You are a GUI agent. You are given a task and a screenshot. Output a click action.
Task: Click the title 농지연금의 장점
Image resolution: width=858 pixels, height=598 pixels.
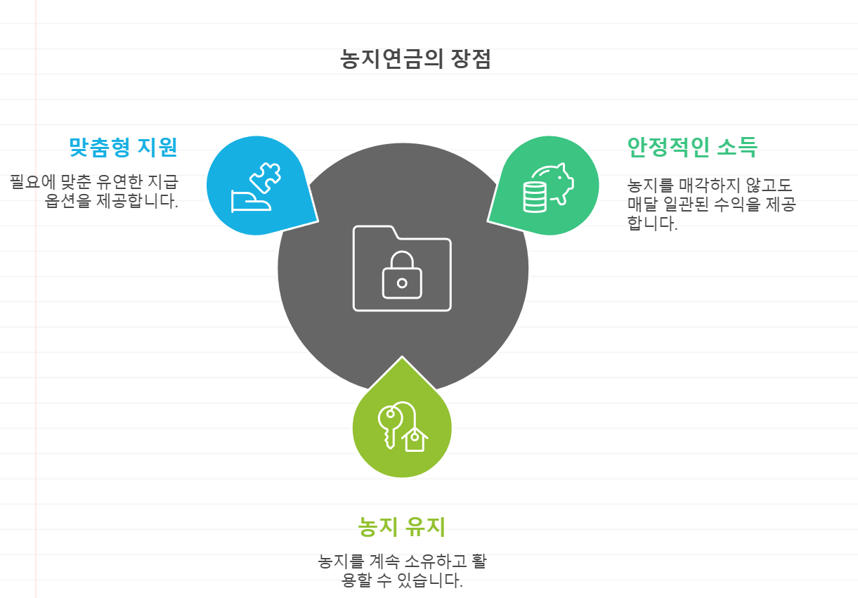415,59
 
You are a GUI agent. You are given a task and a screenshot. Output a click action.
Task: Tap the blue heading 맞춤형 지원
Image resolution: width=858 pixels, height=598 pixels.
123,147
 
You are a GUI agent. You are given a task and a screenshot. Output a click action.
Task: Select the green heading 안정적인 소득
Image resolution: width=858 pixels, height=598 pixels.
691,147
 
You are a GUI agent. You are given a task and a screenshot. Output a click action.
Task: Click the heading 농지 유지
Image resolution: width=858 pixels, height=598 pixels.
401,526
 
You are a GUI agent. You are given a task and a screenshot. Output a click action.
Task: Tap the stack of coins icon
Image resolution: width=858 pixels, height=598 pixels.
535,196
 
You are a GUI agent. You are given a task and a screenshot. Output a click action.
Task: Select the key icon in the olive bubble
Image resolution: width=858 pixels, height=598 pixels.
389,423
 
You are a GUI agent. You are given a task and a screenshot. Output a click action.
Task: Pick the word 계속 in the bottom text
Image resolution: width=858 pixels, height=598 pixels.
384,561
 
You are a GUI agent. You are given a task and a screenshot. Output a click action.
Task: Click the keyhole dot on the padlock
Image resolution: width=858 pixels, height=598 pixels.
402,283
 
